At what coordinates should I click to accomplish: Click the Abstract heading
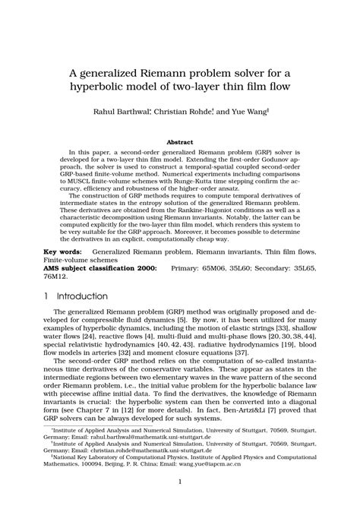(179, 141)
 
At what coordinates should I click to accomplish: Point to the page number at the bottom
(180, 482)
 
